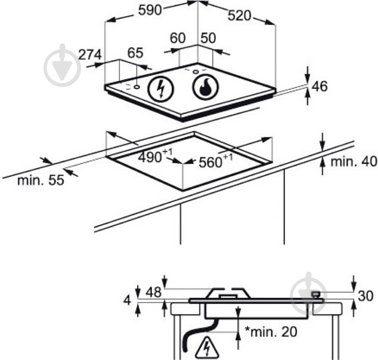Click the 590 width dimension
point(150,10)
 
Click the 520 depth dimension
point(239,16)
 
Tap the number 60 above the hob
point(178,38)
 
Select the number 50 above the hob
point(208,38)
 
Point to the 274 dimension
point(90,55)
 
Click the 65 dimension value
point(135,53)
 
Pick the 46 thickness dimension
point(320,86)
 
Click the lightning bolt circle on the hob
point(160,88)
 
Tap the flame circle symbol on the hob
point(206,87)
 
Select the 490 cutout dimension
point(156,156)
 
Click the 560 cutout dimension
point(216,160)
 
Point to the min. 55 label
point(41,180)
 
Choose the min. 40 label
point(354,162)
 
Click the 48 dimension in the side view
point(153,293)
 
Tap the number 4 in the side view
point(127,300)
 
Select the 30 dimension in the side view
point(365,296)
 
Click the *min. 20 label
point(271,331)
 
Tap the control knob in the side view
point(316,294)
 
